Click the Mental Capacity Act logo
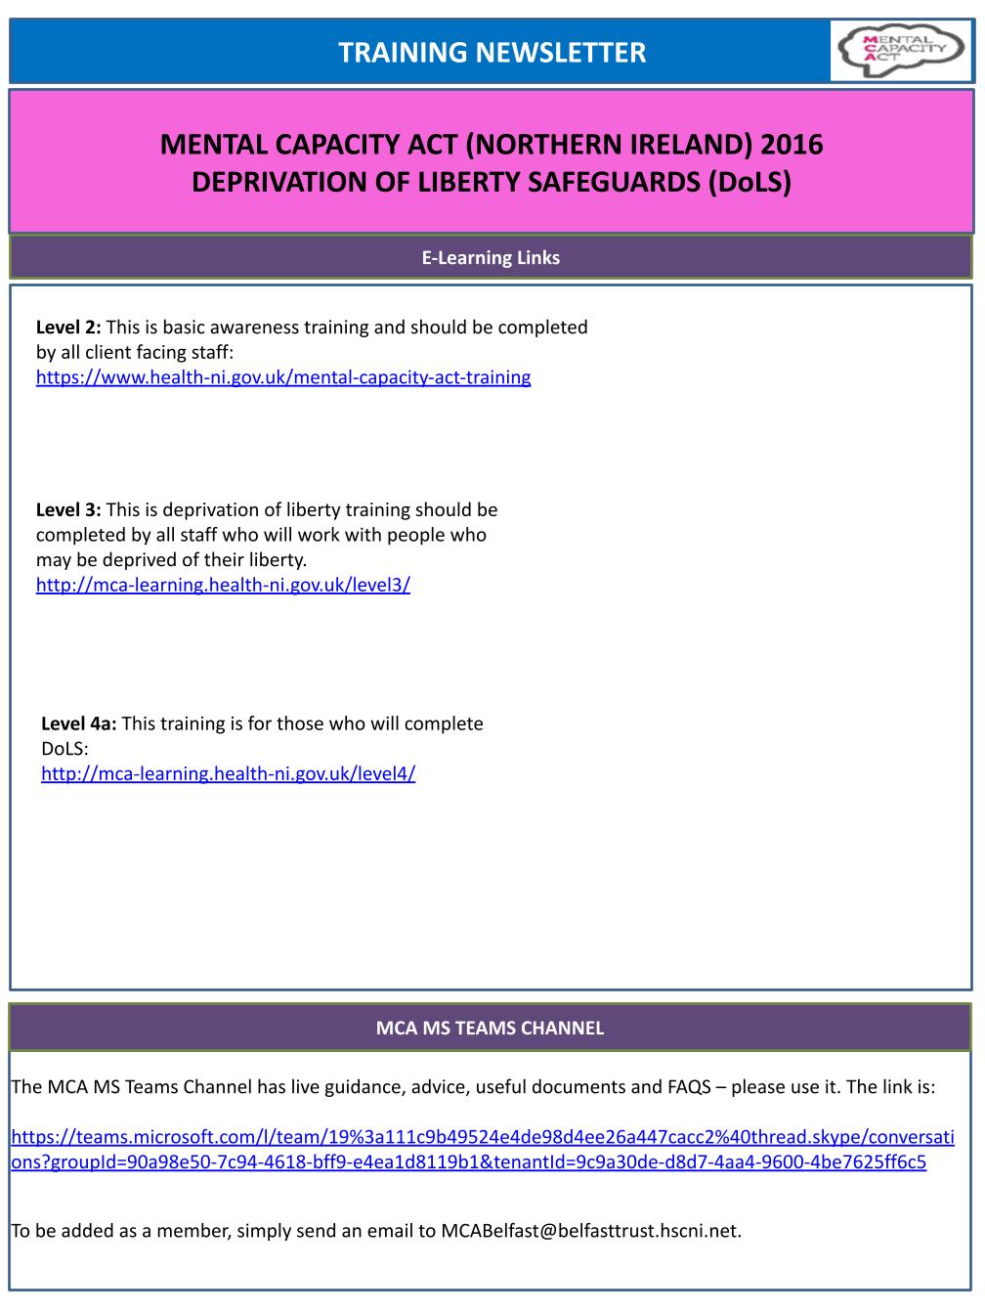click(900, 51)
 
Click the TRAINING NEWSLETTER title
click(492, 52)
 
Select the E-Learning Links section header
click(491, 258)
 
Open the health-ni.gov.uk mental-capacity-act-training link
click(283, 377)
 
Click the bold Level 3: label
click(68, 509)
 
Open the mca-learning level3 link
click(223, 585)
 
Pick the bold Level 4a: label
click(79, 723)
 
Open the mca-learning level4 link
click(228, 773)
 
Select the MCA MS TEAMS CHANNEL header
click(491, 1028)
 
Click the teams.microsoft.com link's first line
click(483, 1137)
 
